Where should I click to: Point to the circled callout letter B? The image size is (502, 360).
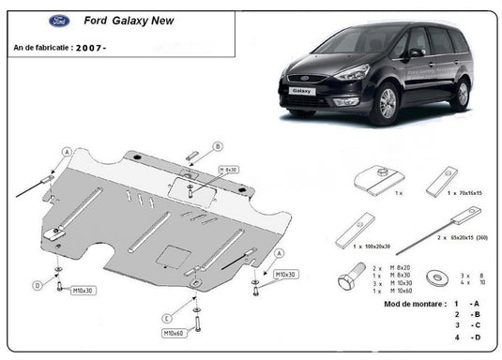[217, 145]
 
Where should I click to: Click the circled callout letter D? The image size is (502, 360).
[38, 285]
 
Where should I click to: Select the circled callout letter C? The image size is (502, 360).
[165, 316]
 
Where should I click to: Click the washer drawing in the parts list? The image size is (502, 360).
[436, 277]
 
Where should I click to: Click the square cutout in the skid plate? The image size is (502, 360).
[171, 254]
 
